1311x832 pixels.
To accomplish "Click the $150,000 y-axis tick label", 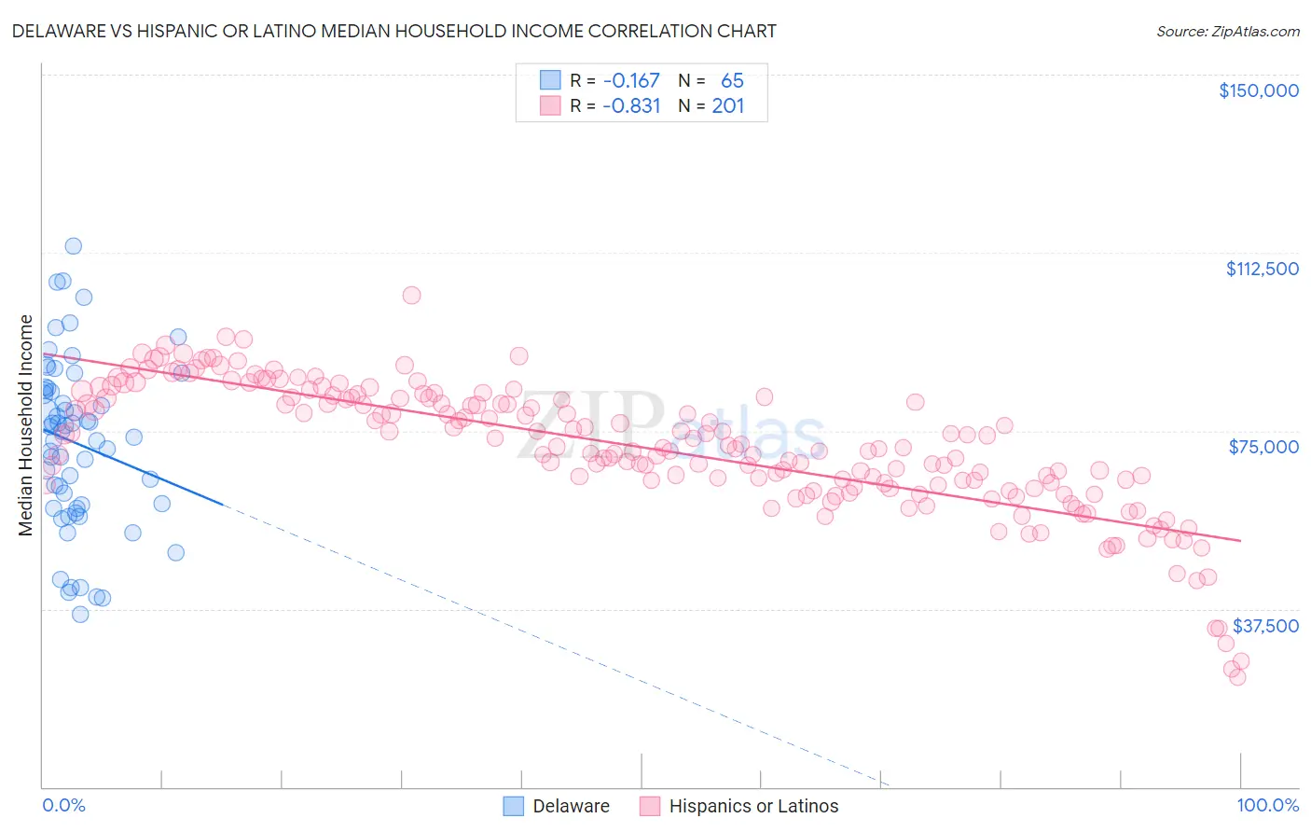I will [1258, 90].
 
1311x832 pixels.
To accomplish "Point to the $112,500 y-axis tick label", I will [1262, 269].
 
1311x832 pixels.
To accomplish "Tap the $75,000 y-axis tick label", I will [1263, 447].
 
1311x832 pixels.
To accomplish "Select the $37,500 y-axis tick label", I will [1265, 626].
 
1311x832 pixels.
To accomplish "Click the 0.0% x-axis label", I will [63, 805].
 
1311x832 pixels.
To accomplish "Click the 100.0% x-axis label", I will [1267, 805].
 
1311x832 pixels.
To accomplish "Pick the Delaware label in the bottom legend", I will [571, 806].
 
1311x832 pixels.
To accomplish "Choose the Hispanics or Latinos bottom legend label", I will [753, 806].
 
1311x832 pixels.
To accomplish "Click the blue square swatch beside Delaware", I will [514, 806].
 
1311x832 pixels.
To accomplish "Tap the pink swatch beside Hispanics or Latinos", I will [650, 806].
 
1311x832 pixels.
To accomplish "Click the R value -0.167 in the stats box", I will [631, 80].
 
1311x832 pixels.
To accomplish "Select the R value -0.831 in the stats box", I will [631, 106].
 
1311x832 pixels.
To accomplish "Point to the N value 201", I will [728, 106].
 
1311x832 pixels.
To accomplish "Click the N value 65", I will [732, 80].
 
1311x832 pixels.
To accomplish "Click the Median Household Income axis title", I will [26, 425].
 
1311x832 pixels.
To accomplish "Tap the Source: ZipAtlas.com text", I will [1227, 31].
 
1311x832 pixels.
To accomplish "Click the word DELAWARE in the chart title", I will [59, 31].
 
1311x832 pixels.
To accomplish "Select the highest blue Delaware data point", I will [73, 246].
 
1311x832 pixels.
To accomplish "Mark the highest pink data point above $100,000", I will [411, 295].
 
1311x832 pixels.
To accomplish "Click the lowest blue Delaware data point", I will [80, 614].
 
